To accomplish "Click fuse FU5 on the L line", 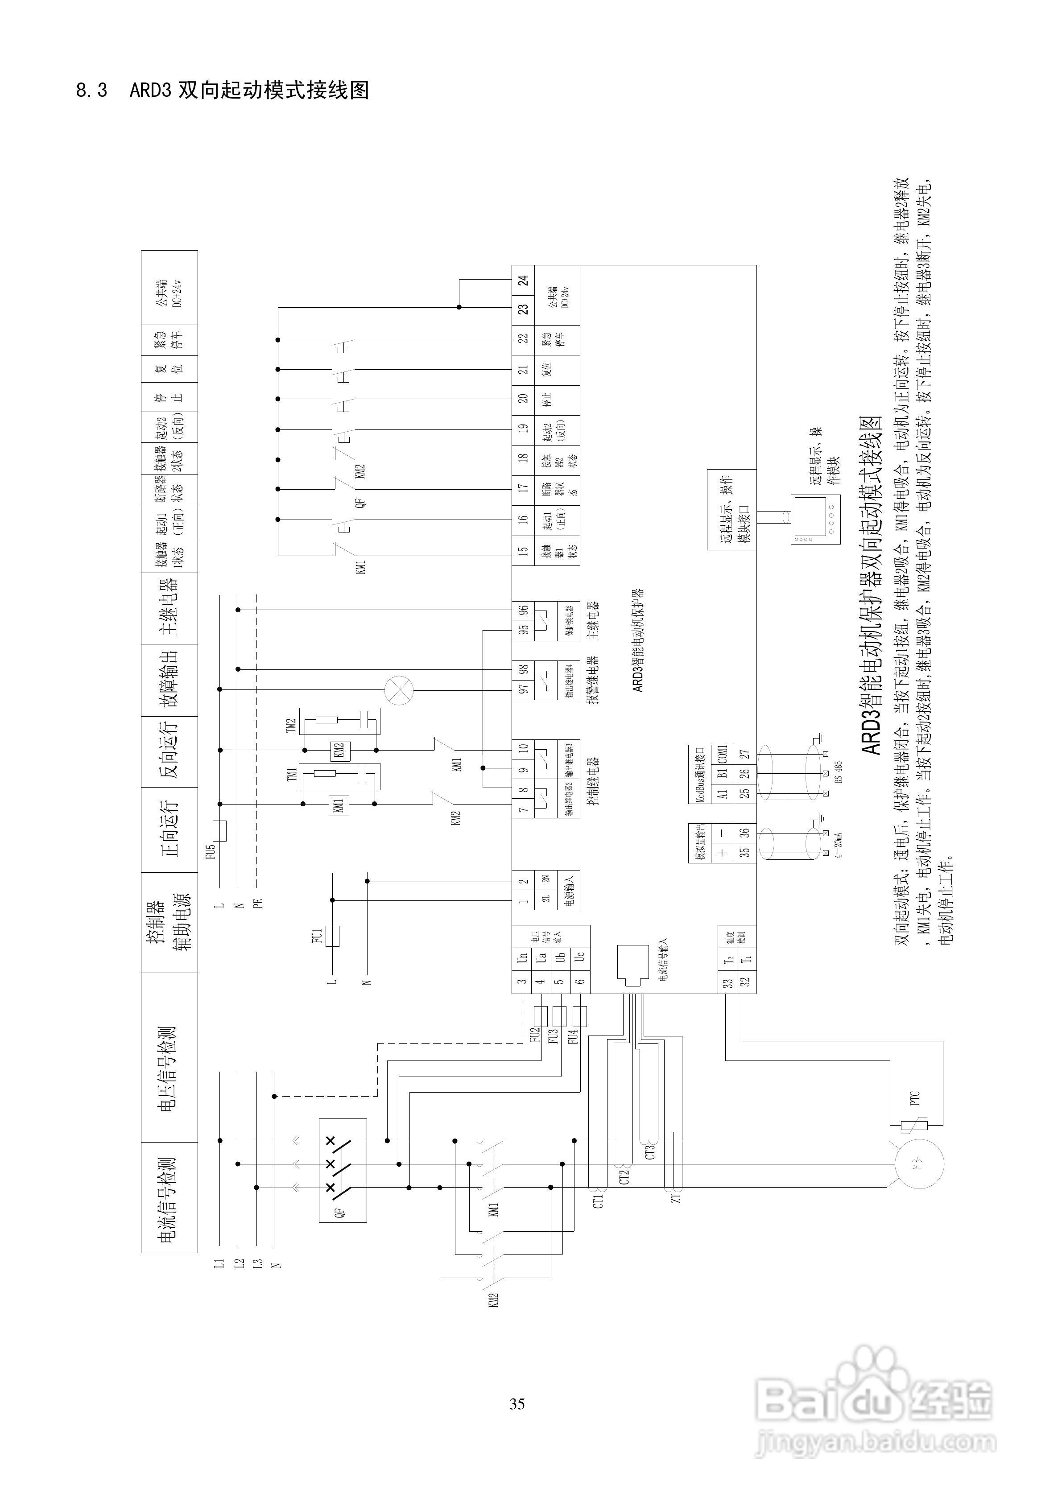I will [220, 831].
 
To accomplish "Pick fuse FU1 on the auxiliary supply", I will [333, 936].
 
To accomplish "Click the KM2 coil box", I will [338, 751].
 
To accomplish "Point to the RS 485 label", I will [839, 772].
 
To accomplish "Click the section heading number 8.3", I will [91, 90].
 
